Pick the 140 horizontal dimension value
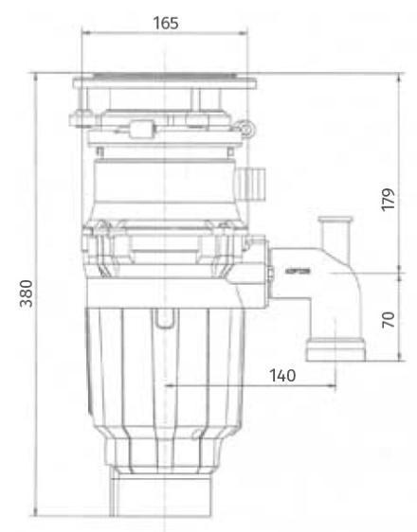(x=282, y=375)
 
